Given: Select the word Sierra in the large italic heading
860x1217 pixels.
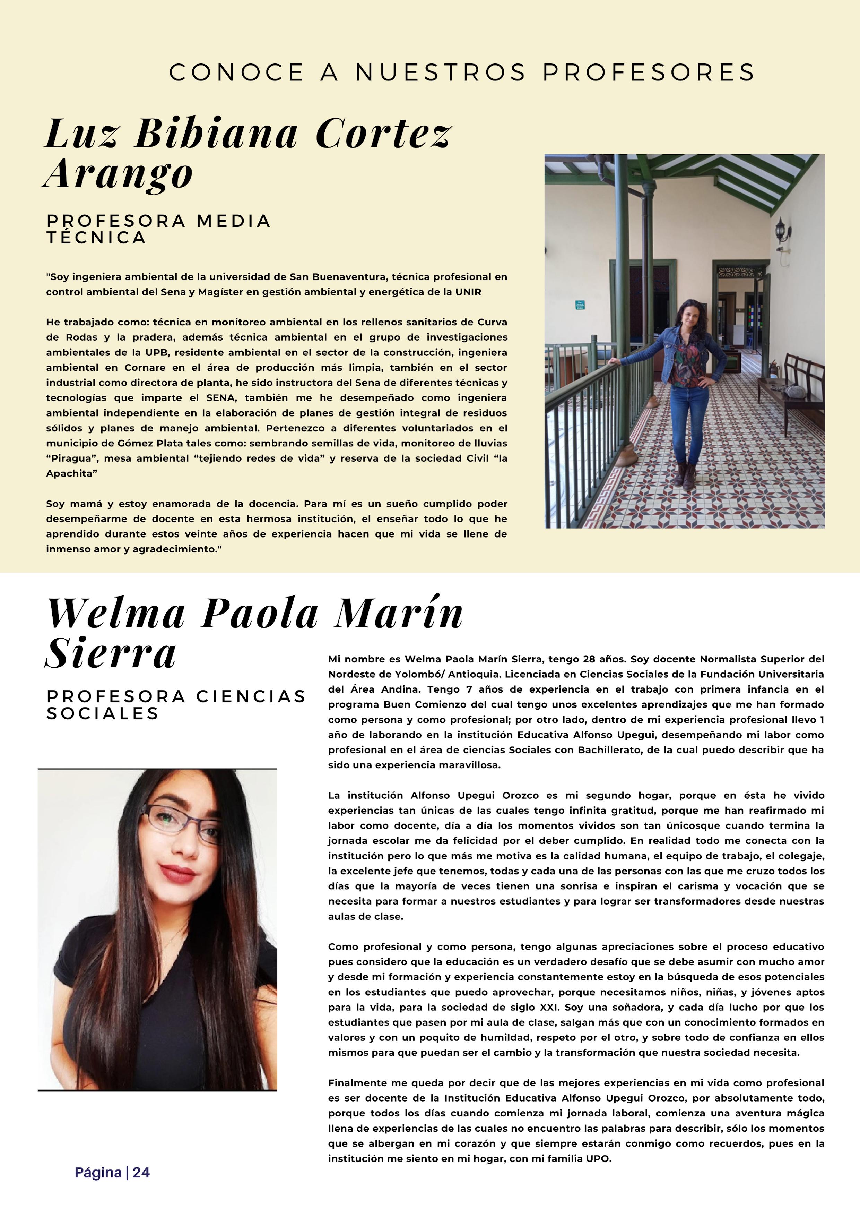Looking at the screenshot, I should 111,653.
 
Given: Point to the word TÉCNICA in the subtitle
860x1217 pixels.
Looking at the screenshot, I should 96,238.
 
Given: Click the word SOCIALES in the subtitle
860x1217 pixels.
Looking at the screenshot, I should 103,713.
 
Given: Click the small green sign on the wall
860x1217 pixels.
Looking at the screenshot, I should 580,305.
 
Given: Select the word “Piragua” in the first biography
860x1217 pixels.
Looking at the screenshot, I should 71,458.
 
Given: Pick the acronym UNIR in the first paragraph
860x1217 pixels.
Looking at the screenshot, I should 468,292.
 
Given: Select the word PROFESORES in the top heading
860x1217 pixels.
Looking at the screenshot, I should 649,72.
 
